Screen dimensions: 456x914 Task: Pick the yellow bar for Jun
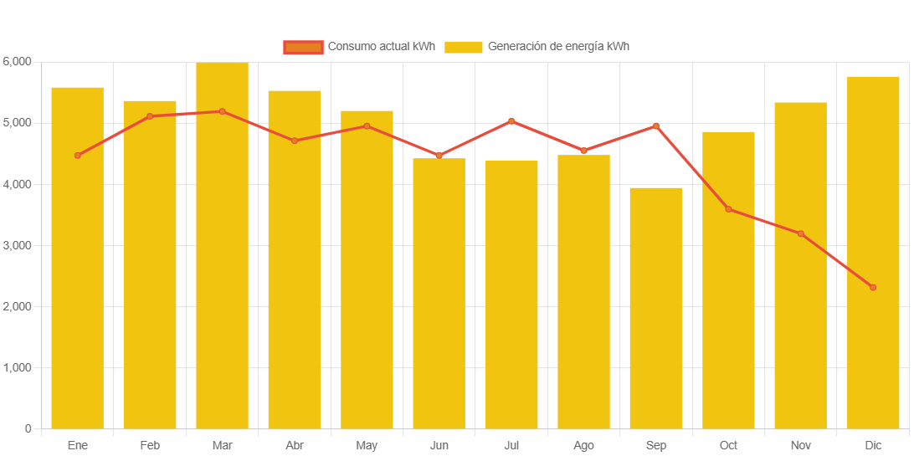click(x=439, y=293)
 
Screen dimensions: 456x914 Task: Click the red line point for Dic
click(x=873, y=287)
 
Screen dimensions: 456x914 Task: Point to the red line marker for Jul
click(x=511, y=121)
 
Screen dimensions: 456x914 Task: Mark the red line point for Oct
click(x=728, y=209)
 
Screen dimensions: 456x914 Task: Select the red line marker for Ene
click(x=78, y=156)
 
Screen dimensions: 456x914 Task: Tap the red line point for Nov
click(x=801, y=233)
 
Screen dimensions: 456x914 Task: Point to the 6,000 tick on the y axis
click(x=17, y=62)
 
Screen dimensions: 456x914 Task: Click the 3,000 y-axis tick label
click(x=17, y=246)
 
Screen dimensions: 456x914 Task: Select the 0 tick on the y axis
click(x=28, y=429)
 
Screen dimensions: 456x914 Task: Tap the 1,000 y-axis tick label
click(x=17, y=368)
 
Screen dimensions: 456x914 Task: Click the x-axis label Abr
click(x=295, y=446)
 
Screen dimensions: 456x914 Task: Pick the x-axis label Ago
click(x=583, y=446)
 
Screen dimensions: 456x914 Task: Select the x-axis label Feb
click(x=150, y=446)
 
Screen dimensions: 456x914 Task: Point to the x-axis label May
click(x=367, y=446)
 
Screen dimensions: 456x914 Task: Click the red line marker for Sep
click(x=656, y=126)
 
